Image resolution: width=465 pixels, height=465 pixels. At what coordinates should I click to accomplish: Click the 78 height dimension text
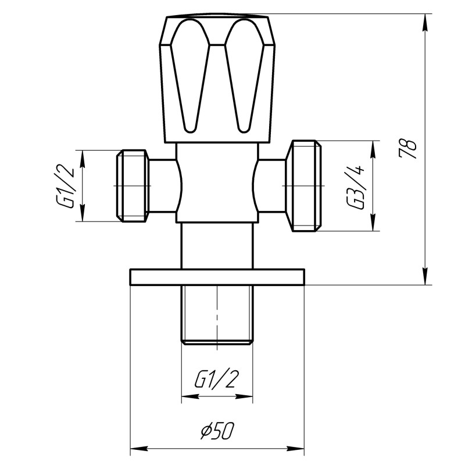tap(410, 149)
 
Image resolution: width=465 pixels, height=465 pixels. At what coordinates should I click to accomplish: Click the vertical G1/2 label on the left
tap(66, 186)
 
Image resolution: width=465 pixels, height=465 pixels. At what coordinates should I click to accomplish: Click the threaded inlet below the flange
tap(217, 314)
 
